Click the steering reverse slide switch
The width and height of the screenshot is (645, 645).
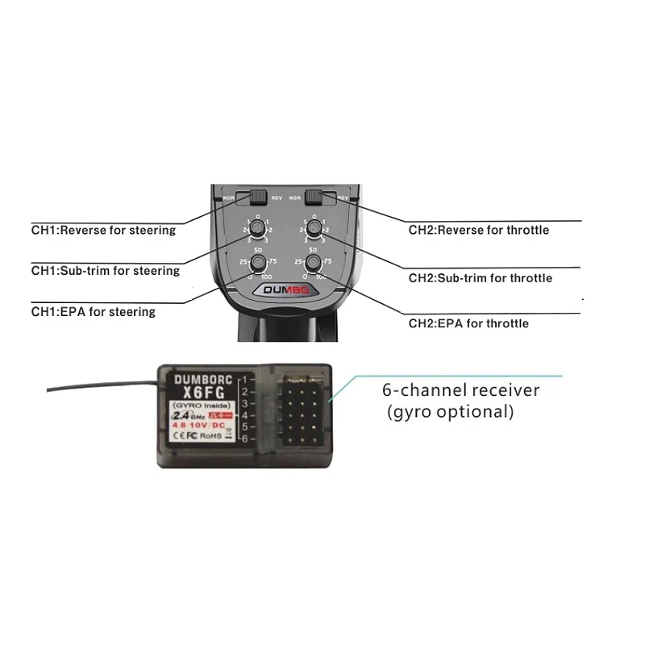pyautogui.click(x=258, y=197)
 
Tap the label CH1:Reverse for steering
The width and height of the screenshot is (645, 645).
pyautogui.click(x=103, y=231)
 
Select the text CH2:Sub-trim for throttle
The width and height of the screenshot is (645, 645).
pyautogui.click(x=480, y=278)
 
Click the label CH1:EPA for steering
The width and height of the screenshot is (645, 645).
pyautogui.click(x=93, y=311)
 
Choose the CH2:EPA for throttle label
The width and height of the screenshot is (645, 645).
pyautogui.click(x=468, y=323)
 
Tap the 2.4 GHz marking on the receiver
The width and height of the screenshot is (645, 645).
pyautogui.click(x=181, y=415)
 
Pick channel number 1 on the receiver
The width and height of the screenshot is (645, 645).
pyautogui.click(x=245, y=377)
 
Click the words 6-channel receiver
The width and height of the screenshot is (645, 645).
pyautogui.click(x=460, y=391)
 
